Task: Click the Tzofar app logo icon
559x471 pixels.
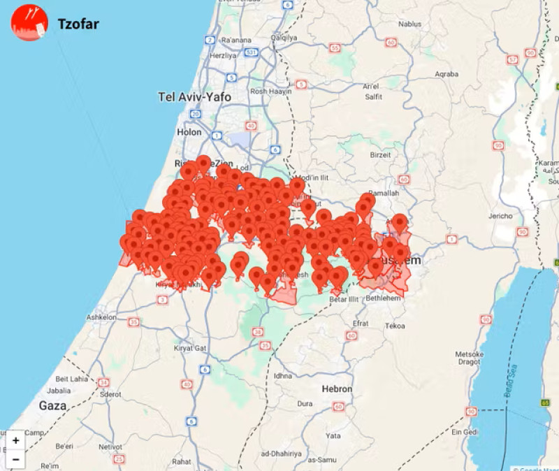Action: coord(29,22)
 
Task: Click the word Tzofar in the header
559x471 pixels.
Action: coord(78,24)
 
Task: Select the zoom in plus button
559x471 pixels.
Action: coord(15,440)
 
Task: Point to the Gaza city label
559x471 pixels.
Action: coord(52,405)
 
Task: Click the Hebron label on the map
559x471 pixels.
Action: coord(337,389)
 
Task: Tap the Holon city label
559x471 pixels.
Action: coord(189,131)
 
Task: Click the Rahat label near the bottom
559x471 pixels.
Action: coord(182,461)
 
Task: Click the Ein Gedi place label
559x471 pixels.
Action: coord(483,433)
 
